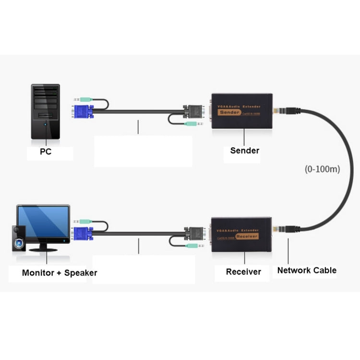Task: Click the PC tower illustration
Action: click(46, 111)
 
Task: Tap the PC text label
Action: click(46, 153)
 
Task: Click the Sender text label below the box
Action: click(244, 151)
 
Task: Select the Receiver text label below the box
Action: click(243, 272)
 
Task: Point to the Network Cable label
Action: click(307, 270)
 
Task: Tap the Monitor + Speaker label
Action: click(60, 273)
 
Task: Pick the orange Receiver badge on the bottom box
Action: click(247, 237)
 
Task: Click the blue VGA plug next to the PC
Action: click(83, 111)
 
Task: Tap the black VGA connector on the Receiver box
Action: click(196, 233)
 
